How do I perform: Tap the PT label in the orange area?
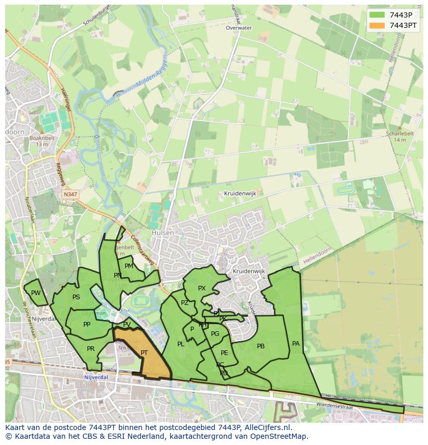(144, 353)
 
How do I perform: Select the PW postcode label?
(36, 293)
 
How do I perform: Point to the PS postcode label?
(76, 297)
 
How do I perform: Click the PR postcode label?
(91, 349)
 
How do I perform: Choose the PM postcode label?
(129, 266)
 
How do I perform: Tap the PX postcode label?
(202, 288)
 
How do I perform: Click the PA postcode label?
(296, 343)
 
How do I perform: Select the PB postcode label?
(261, 346)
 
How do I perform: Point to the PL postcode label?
(180, 344)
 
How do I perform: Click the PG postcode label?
(215, 334)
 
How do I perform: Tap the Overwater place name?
(239, 28)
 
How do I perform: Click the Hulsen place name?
(162, 233)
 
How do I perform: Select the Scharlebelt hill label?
(400, 133)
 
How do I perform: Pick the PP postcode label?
(87, 325)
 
